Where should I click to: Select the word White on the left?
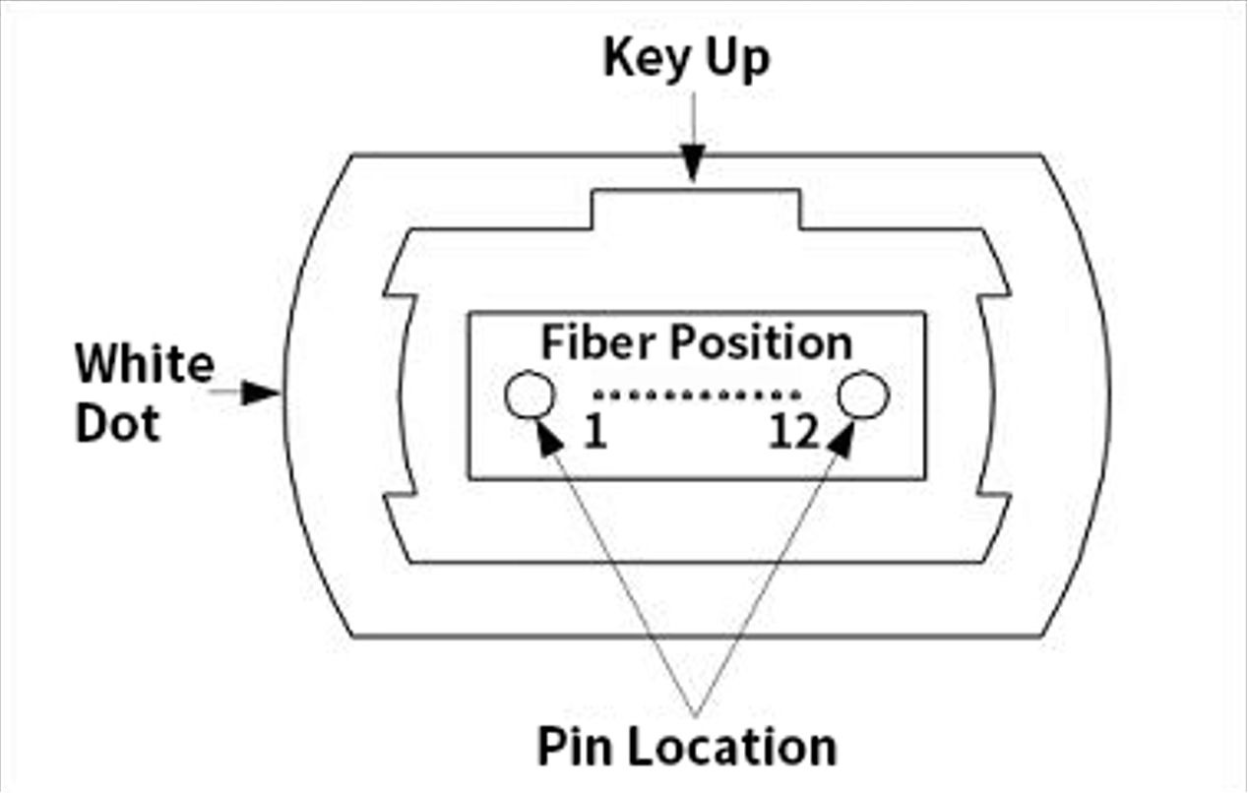pos(145,364)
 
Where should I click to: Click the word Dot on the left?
pos(117,423)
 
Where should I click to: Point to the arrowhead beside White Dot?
pos(263,393)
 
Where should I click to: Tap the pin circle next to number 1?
pos(530,396)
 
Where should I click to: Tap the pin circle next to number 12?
pos(863,396)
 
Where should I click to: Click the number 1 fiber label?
pos(594,434)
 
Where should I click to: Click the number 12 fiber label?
pos(793,434)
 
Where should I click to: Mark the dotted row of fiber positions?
pos(697,396)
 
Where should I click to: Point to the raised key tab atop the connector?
pos(695,210)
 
